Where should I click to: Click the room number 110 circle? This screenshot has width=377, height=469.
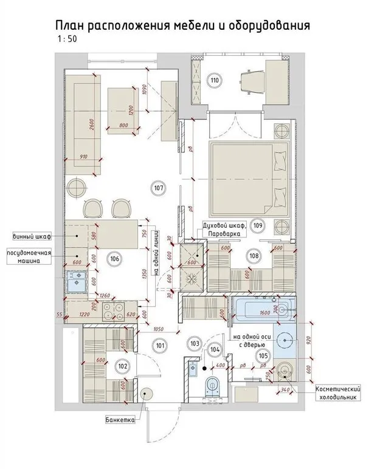pyautogui.click(x=214, y=80)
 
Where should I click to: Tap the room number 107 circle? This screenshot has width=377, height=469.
pyautogui.click(x=159, y=188)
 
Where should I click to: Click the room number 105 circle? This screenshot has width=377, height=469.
pyautogui.click(x=263, y=356)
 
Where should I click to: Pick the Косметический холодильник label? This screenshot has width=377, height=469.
pyautogui.click(x=336, y=393)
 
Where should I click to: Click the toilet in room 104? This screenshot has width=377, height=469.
pyautogui.click(x=212, y=384)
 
